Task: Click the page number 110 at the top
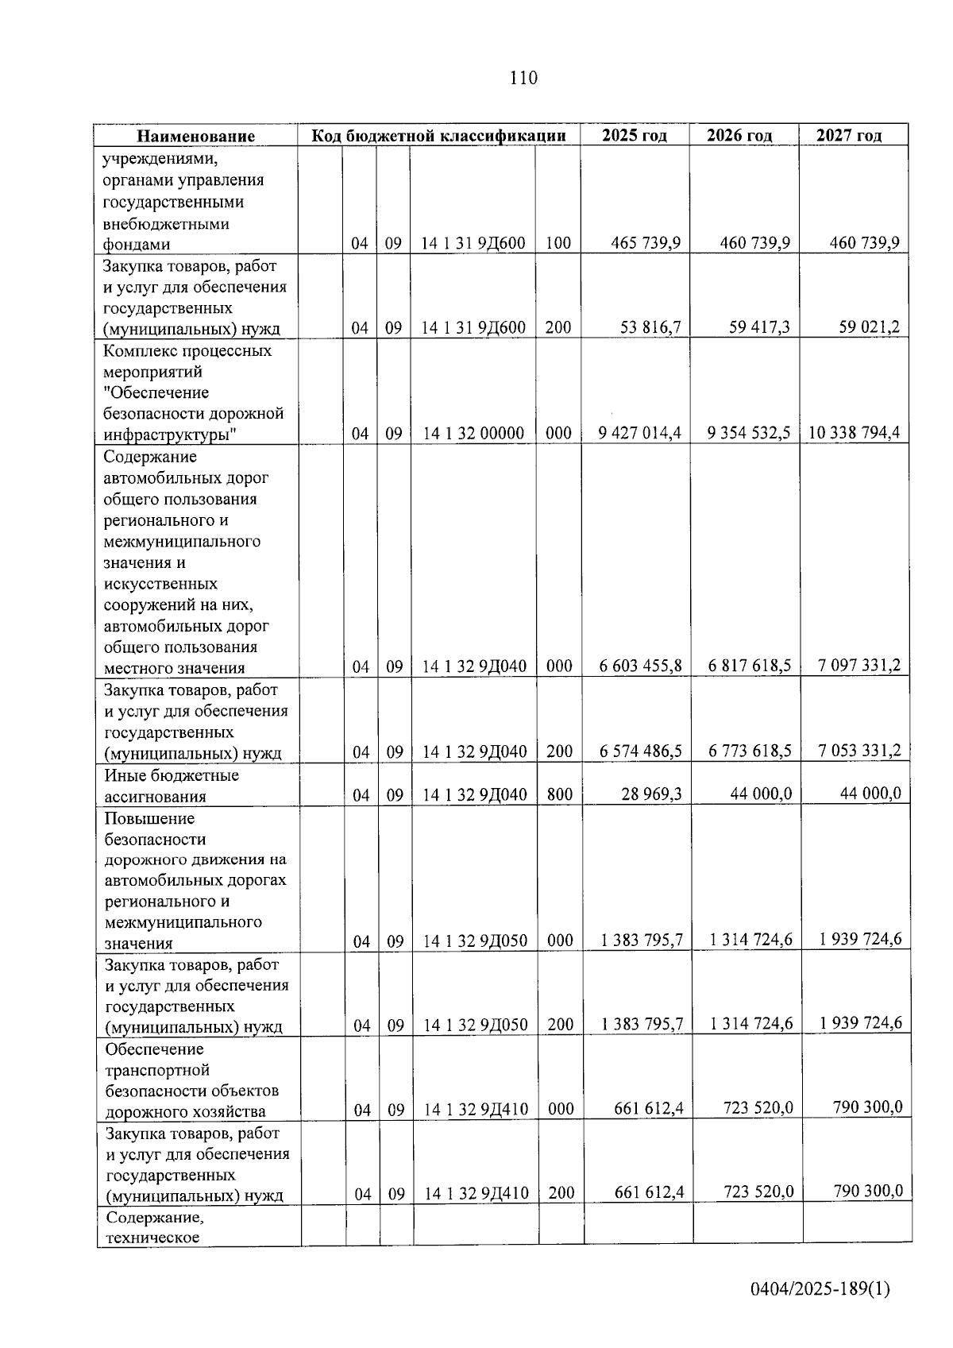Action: [523, 78]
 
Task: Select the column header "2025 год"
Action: [634, 135]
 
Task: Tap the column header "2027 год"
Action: [849, 135]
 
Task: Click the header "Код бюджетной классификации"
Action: [438, 135]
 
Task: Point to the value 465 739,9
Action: [646, 243]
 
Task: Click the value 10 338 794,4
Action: [855, 433]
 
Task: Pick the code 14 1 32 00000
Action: [473, 434]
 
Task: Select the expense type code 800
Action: [560, 794]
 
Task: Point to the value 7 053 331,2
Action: [859, 751]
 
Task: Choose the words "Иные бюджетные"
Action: [172, 775]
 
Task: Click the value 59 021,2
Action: [870, 326]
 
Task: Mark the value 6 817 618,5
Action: [750, 666]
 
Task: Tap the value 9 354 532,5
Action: [749, 433]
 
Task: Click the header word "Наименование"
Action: [195, 136]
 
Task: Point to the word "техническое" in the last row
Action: [152, 1238]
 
